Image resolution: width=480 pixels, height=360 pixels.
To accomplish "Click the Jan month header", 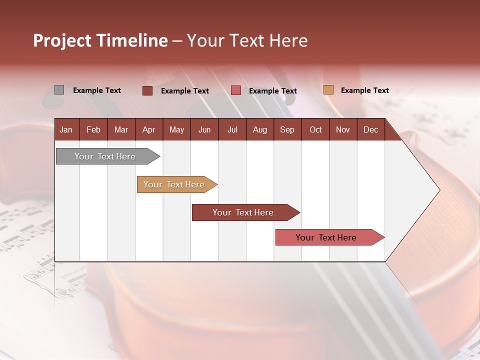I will click(x=66, y=130).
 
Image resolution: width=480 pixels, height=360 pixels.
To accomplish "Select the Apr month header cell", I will click(x=148, y=130).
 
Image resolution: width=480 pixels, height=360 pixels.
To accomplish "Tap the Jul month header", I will click(x=232, y=130).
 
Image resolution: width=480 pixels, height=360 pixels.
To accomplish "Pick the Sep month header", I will click(x=287, y=130).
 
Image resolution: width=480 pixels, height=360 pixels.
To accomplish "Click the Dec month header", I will click(x=370, y=130).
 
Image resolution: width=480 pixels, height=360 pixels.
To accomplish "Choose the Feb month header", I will click(x=93, y=130).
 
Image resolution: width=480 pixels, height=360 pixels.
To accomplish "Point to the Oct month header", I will click(x=315, y=130).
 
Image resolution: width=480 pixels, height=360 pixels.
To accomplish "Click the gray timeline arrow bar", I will click(x=105, y=156).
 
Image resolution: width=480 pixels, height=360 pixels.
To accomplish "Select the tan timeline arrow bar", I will click(x=174, y=184).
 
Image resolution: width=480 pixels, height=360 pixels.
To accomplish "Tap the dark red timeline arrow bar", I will click(x=243, y=212).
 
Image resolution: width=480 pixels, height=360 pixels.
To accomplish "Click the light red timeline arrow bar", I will click(x=326, y=237).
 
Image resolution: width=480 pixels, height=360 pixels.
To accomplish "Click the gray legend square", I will click(x=59, y=90).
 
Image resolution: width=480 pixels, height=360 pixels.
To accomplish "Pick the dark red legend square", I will click(x=147, y=90).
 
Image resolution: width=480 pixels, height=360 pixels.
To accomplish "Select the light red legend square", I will click(x=236, y=90).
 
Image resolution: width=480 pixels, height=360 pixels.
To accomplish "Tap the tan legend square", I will click(x=328, y=90).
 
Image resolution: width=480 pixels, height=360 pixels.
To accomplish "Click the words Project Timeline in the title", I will click(x=100, y=40).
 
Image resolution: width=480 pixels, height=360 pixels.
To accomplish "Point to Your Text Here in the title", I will click(x=247, y=40).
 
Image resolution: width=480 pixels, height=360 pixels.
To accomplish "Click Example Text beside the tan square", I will click(x=364, y=90).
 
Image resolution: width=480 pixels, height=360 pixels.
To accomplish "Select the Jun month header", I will click(x=204, y=130).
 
